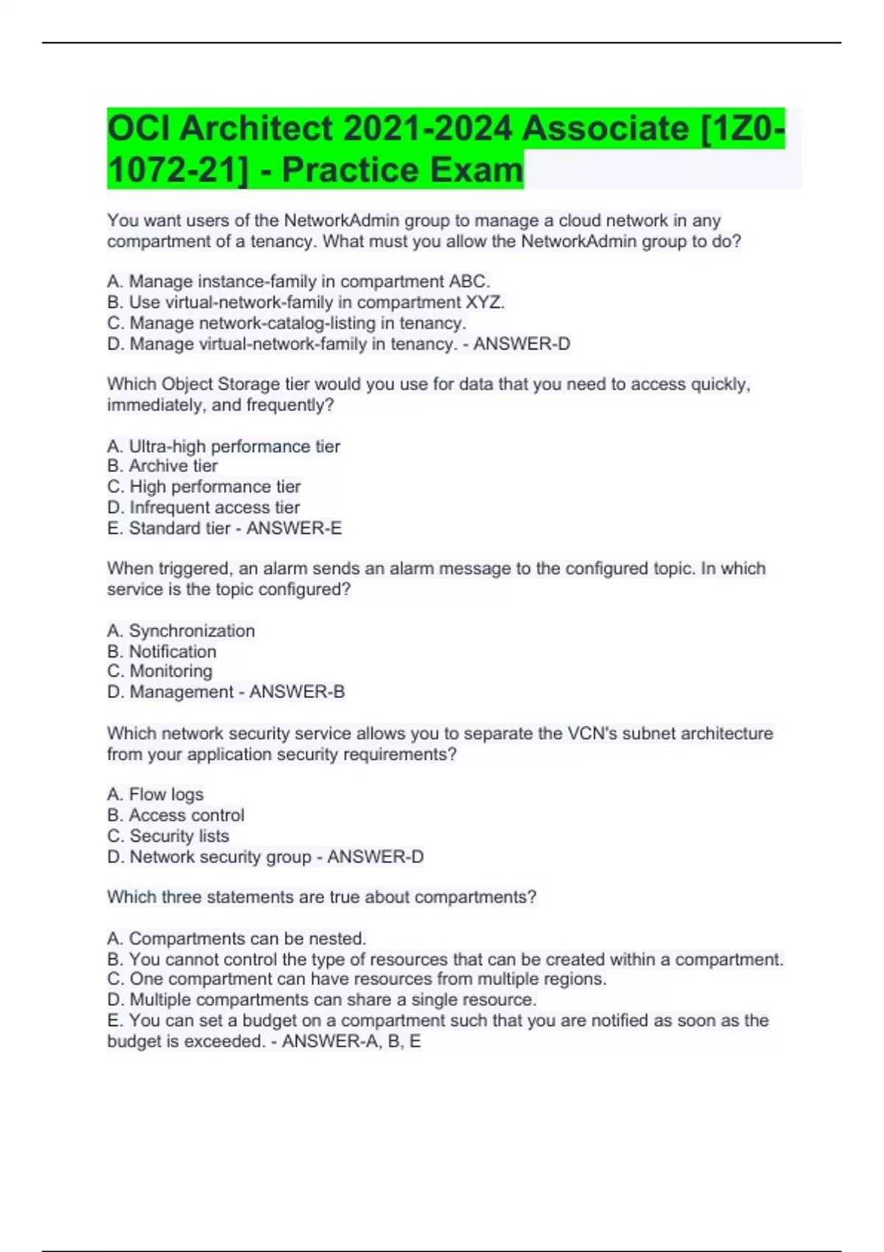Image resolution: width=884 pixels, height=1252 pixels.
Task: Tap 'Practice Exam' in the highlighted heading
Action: [x=402, y=170]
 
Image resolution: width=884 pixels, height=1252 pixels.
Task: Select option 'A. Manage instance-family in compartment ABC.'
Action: [x=298, y=281]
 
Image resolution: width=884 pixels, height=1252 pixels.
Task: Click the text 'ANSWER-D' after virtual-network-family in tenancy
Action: [x=522, y=344]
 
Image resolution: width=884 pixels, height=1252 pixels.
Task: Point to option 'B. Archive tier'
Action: [x=162, y=466]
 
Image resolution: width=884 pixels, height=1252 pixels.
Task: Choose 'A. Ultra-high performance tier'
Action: [x=223, y=446]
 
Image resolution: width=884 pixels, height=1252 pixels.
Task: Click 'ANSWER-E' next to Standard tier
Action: [x=294, y=528]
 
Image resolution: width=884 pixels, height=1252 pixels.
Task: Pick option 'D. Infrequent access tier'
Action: [x=203, y=507]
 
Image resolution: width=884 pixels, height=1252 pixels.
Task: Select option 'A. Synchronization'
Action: [x=181, y=630]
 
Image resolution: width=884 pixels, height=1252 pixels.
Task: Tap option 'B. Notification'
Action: [x=162, y=651]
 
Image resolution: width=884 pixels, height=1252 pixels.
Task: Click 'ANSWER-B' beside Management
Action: [x=297, y=692]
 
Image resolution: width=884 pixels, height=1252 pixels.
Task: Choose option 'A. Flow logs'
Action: [x=155, y=794]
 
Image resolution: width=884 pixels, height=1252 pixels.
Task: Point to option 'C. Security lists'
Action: [x=168, y=836]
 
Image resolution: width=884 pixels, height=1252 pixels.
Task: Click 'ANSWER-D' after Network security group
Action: [x=375, y=857]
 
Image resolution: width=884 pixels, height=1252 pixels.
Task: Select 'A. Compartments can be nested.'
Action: [x=236, y=938]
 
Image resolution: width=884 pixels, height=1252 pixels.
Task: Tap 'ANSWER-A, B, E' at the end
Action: [x=351, y=1041]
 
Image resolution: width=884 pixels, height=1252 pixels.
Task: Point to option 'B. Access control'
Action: [x=175, y=815]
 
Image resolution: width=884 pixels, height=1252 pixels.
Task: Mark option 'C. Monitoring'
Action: [x=160, y=671]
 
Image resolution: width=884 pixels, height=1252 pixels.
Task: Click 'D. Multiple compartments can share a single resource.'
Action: [x=322, y=999]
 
